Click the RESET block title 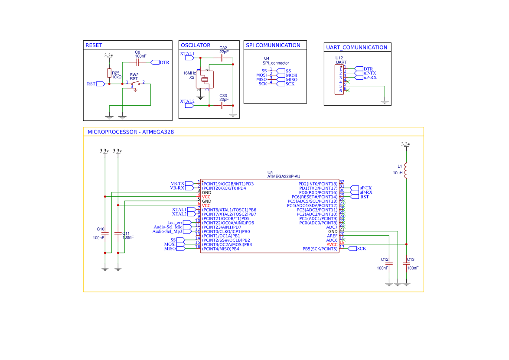click(x=94, y=45)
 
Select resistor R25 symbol click(x=109, y=74)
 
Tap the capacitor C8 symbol click(x=137, y=62)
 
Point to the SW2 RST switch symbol click(x=136, y=83)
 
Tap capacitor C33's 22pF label click(x=224, y=99)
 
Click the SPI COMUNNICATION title click(x=273, y=45)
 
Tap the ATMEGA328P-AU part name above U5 click(x=284, y=176)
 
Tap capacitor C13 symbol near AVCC click(x=406, y=263)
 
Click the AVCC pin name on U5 click(x=332, y=244)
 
